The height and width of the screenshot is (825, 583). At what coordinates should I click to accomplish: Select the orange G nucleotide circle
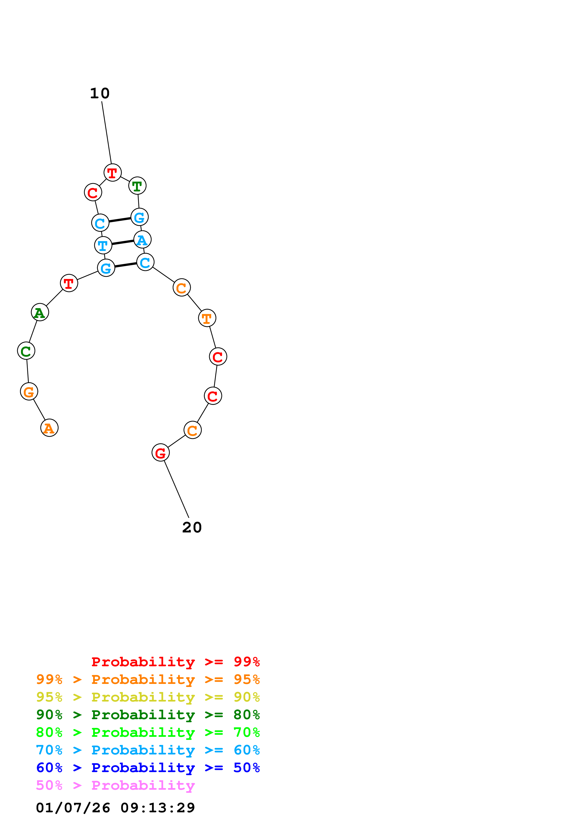coord(29,391)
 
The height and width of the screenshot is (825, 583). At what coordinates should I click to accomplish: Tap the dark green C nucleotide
coord(26,351)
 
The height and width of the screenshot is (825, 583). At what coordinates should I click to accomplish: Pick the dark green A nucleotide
coord(40,312)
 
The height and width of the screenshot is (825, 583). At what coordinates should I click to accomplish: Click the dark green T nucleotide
coord(137,186)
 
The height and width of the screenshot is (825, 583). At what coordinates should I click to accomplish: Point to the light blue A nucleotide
coord(142,240)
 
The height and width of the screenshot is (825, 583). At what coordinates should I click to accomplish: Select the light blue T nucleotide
coord(103,246)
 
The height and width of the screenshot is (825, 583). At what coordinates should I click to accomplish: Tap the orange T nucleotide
coord(207,318)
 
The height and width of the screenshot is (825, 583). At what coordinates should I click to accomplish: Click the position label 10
coord(100,93)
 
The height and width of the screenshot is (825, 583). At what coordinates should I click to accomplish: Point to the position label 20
coord(192,528)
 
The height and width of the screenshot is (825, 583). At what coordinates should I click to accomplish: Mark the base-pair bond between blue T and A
coord(123,242)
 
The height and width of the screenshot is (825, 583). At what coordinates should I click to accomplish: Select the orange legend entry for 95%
coord(148,679)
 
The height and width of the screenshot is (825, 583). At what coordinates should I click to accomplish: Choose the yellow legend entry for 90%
coord(148,697)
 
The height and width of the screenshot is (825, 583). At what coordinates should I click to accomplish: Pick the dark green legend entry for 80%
coord(148,715)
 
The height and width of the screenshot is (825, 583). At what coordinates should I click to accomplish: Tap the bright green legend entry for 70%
coord(148,732)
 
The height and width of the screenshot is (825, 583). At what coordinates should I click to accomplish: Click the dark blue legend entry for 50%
coord(148,768)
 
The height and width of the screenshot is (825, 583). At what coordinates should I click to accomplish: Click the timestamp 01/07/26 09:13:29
coord(115,808)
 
